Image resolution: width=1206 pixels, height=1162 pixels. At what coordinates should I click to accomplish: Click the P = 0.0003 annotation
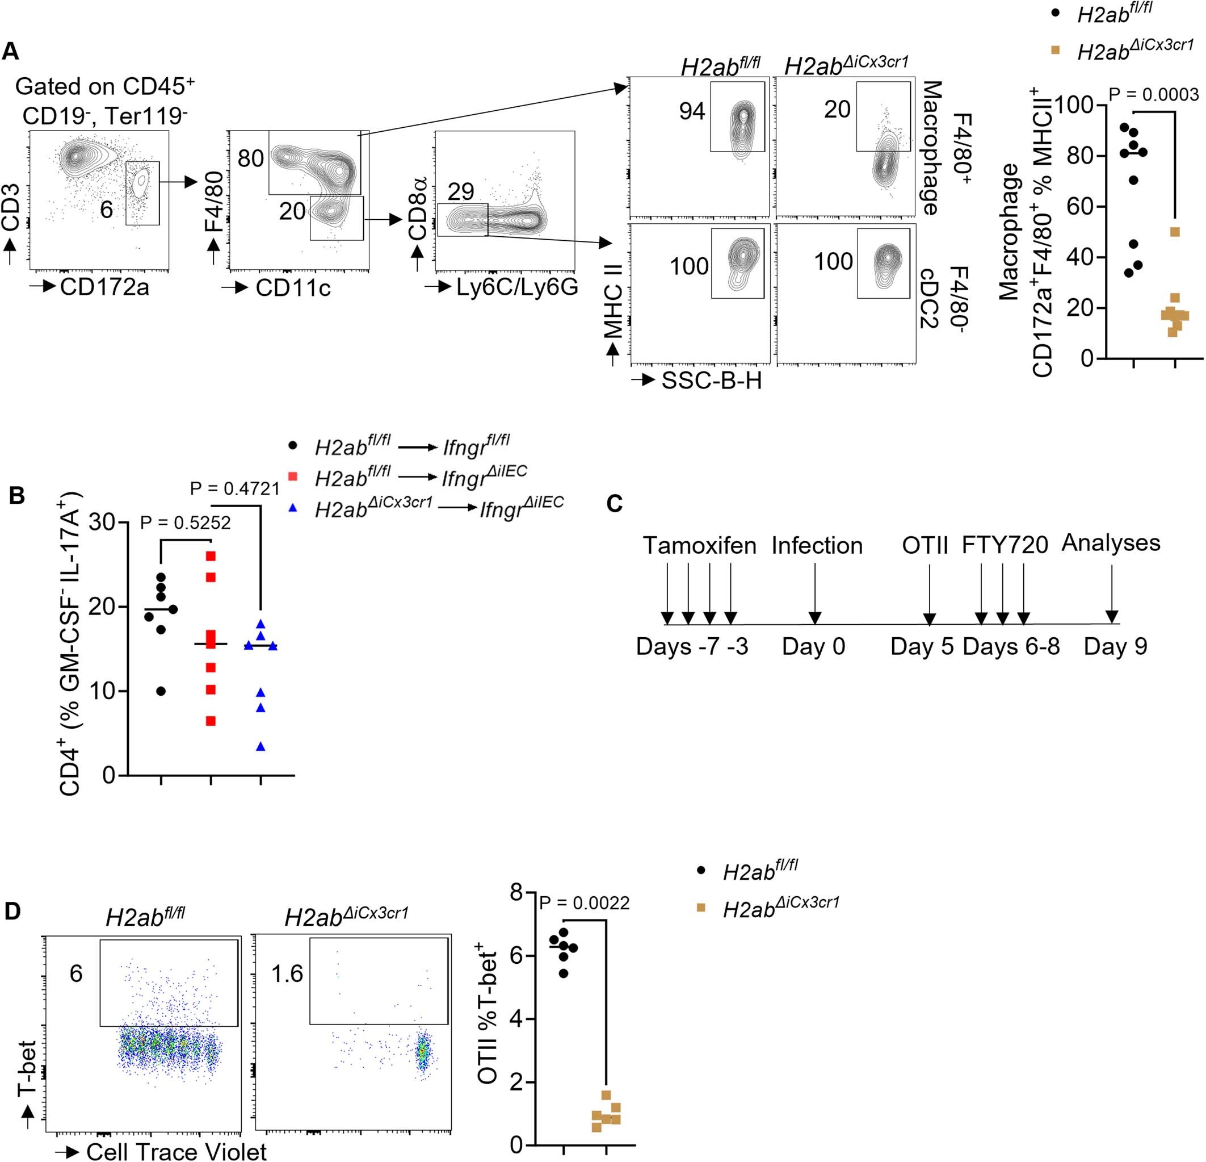1154,94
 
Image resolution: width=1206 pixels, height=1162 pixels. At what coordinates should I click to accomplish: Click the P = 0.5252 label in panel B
185,523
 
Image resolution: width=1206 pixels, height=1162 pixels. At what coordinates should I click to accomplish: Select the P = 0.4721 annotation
234,488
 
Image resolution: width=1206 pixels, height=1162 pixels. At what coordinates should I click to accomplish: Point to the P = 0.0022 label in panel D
585,903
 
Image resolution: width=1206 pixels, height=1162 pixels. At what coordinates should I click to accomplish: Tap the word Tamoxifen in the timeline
700,546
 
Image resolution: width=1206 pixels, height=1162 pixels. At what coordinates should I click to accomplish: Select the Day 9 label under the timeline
1115,646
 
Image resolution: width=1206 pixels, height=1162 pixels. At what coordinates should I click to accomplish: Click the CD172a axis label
104,286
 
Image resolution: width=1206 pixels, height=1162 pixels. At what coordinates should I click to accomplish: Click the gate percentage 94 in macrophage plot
692,111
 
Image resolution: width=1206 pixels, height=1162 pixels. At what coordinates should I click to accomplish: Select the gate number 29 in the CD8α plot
461,191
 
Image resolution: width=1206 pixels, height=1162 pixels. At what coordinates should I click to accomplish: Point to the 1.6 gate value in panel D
287,973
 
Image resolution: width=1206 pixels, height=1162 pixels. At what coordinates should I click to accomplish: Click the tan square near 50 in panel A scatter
1175,232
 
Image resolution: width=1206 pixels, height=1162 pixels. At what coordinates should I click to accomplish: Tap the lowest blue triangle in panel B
261,747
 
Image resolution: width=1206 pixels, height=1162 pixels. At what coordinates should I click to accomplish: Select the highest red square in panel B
211,556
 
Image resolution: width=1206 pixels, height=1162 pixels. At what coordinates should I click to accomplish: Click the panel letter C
615,504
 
